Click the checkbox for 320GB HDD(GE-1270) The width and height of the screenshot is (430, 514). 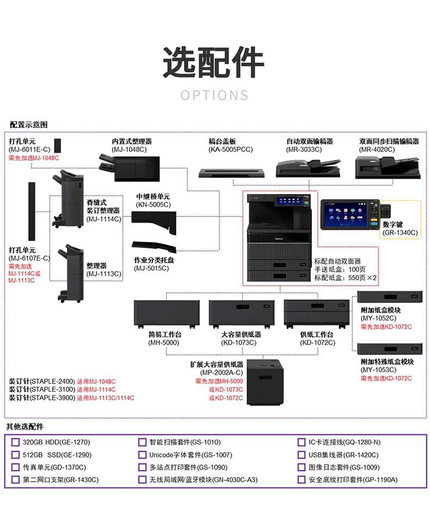pyautogui.click(x=15, y=442)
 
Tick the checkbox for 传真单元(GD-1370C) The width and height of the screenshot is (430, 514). pyautogui.click(x=15, y=467)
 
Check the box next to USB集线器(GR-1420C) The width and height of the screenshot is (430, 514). pyautogui.click(x=301, y=455)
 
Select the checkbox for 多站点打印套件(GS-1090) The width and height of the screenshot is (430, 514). pyautogui.click(x=142, y=467)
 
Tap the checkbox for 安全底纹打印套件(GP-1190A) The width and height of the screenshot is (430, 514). pyautogui.click(x=301, y=480)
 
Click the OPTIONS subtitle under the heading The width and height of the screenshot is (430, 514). pyautogui.click(x=214, y=96)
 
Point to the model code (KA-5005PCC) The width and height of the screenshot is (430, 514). pyautogui.click(x=231, y=149)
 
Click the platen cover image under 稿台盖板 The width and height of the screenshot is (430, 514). pyautogui.click(x=231, y=173)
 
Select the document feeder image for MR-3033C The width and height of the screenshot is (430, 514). pyautogui.click(x=308, y=168)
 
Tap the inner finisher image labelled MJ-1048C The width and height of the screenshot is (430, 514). pyautogui.click(x=130, y=168)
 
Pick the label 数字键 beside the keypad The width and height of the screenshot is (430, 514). pyautogui.click(x=392, y=224)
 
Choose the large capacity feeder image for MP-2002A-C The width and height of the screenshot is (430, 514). pyautogui.click(x=265, y=382)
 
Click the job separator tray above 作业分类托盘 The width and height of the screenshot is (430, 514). pyautogui.click(x=153, y=247)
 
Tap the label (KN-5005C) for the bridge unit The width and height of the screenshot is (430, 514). pyautogui.click(x=153, y=204)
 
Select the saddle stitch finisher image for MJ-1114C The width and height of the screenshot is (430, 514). pyautogui.click(x=67, y=199)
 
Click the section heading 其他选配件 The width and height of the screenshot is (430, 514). pyautogui.click(x=24, y=427)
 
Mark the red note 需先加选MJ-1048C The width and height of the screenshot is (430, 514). pyautogui.click(x=34, y=158)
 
